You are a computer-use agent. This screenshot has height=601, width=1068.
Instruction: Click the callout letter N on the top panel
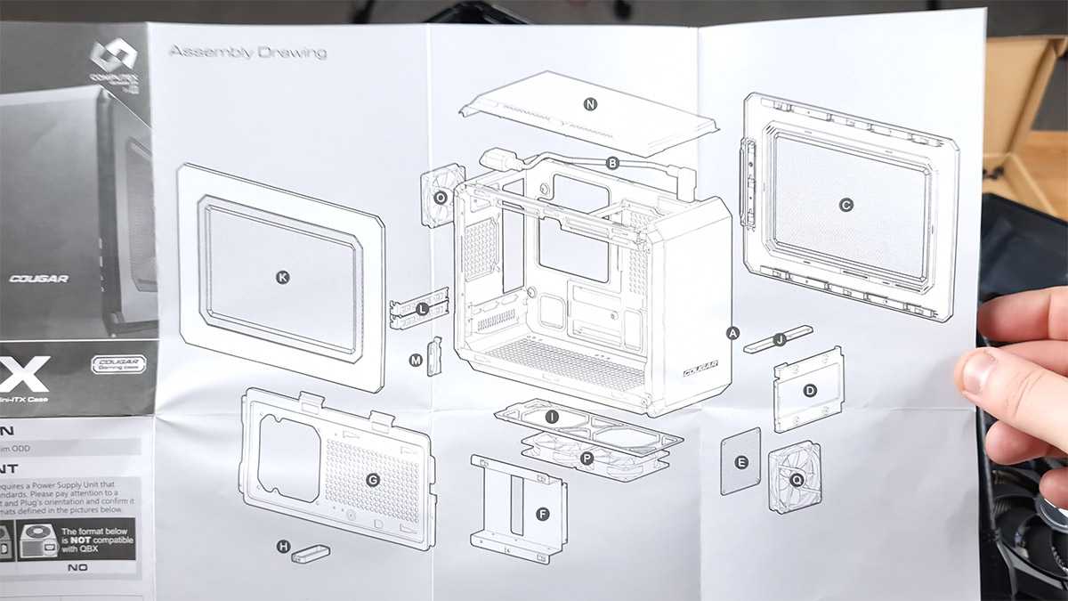(x=590, y=104)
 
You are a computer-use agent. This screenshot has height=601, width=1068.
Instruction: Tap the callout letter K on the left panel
(x=283, y=278)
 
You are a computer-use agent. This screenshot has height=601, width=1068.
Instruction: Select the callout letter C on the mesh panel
(x=845, y=205)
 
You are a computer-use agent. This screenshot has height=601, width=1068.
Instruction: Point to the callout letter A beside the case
(x=733, y=333)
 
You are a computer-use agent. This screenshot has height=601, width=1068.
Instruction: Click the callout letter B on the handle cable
(x=612, y=163)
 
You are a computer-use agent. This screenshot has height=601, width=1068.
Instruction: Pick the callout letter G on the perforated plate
(x=373, y=480)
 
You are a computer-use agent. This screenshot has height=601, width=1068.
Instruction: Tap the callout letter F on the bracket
(x=543, y=514)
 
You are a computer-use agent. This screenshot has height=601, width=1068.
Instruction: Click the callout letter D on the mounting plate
(x=810, y=390)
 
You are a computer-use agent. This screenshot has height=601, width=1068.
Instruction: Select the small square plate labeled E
(x=740, y=461)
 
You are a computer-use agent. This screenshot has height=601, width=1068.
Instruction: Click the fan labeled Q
(x=795, y=477)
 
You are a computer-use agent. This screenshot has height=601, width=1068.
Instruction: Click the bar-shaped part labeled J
(x=779, y=339)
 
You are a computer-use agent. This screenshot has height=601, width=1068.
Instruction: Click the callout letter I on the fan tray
(x=552, y=417)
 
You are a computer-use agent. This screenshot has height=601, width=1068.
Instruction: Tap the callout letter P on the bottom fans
(x=586, y=458)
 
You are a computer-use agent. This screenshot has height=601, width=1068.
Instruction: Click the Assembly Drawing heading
(x=247, y=52)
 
